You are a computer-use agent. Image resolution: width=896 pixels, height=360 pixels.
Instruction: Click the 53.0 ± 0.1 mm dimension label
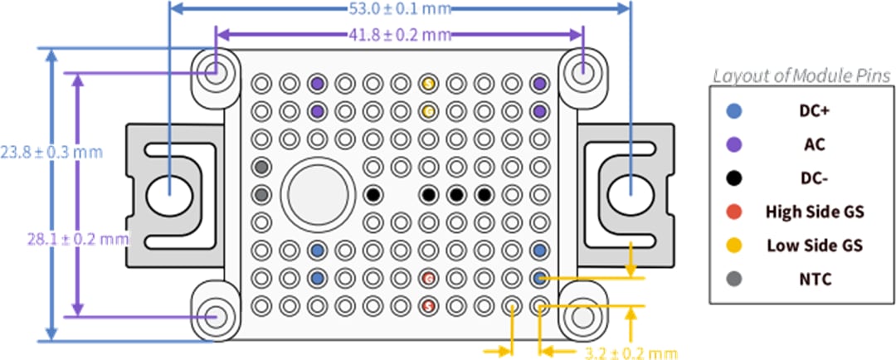coord(400,11)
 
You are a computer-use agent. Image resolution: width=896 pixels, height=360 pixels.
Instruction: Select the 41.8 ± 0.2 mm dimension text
coord(400,35)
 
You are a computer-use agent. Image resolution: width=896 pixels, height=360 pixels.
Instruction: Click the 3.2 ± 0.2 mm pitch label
coord(627,353)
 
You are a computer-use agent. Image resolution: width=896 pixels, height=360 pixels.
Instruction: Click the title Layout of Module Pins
coord(801,75)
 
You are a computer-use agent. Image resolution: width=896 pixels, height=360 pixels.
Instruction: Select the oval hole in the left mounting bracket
coord(170,196)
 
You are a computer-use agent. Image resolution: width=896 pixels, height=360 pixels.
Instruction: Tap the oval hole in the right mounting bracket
coord(631,196)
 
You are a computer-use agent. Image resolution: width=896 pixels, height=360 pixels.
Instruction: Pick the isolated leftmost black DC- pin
coord(373,195)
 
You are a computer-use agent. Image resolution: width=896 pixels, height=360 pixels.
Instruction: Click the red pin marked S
coord(429,306)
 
